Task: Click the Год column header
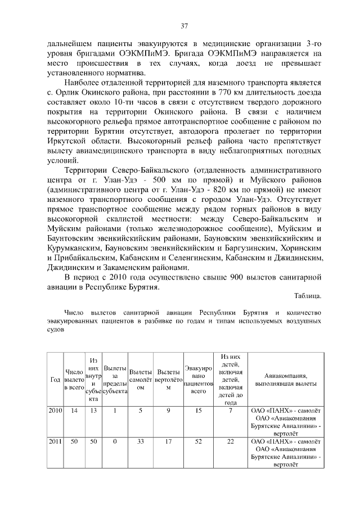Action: pyautogui.click(x=55, y=380)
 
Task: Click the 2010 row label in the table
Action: pyautogui.click(x=55, y=411)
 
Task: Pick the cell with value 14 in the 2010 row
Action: pyautogui.click(x=74, y=411)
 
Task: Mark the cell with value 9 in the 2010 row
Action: pyautogui.click(x=168, y=411)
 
